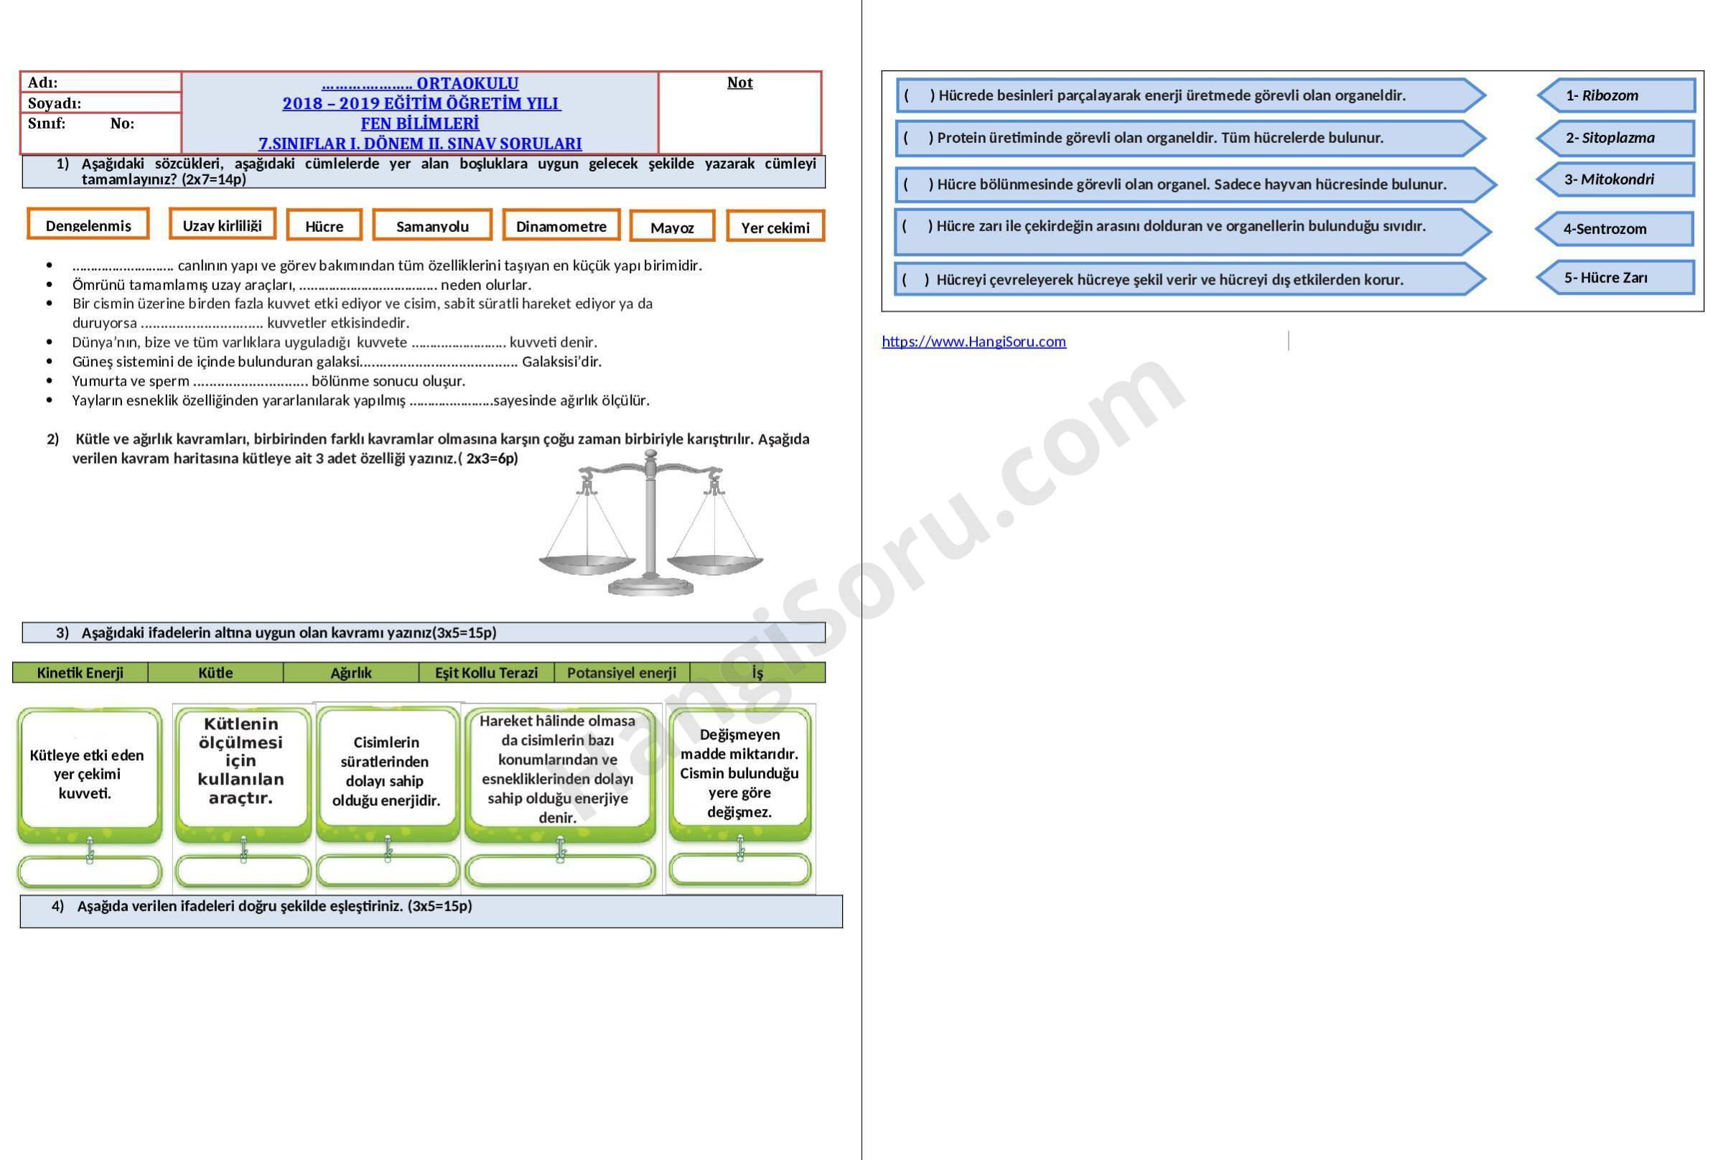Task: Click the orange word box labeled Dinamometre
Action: (561, 225)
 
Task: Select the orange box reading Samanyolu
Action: (432, 225)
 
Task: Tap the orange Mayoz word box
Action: (672, 225)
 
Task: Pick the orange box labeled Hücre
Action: (324, 225)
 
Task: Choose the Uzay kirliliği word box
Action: (222, 223)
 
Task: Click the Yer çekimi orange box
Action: (775, 226)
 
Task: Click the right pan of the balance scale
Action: (714, 564)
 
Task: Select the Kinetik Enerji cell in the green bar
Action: (80, 673)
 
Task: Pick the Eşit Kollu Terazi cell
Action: (486, 673)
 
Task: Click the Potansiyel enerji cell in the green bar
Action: (622, 673)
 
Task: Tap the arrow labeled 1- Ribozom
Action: (1616, 95)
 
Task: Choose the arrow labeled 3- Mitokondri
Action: (1616, 179)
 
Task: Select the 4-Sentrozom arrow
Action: (1615, 228)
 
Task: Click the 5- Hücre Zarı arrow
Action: (1616, 277)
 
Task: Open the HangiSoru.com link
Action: (973, 341)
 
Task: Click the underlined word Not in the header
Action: (739, 82)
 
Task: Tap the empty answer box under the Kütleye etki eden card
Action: (90, 871)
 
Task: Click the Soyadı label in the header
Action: (54, 103)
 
